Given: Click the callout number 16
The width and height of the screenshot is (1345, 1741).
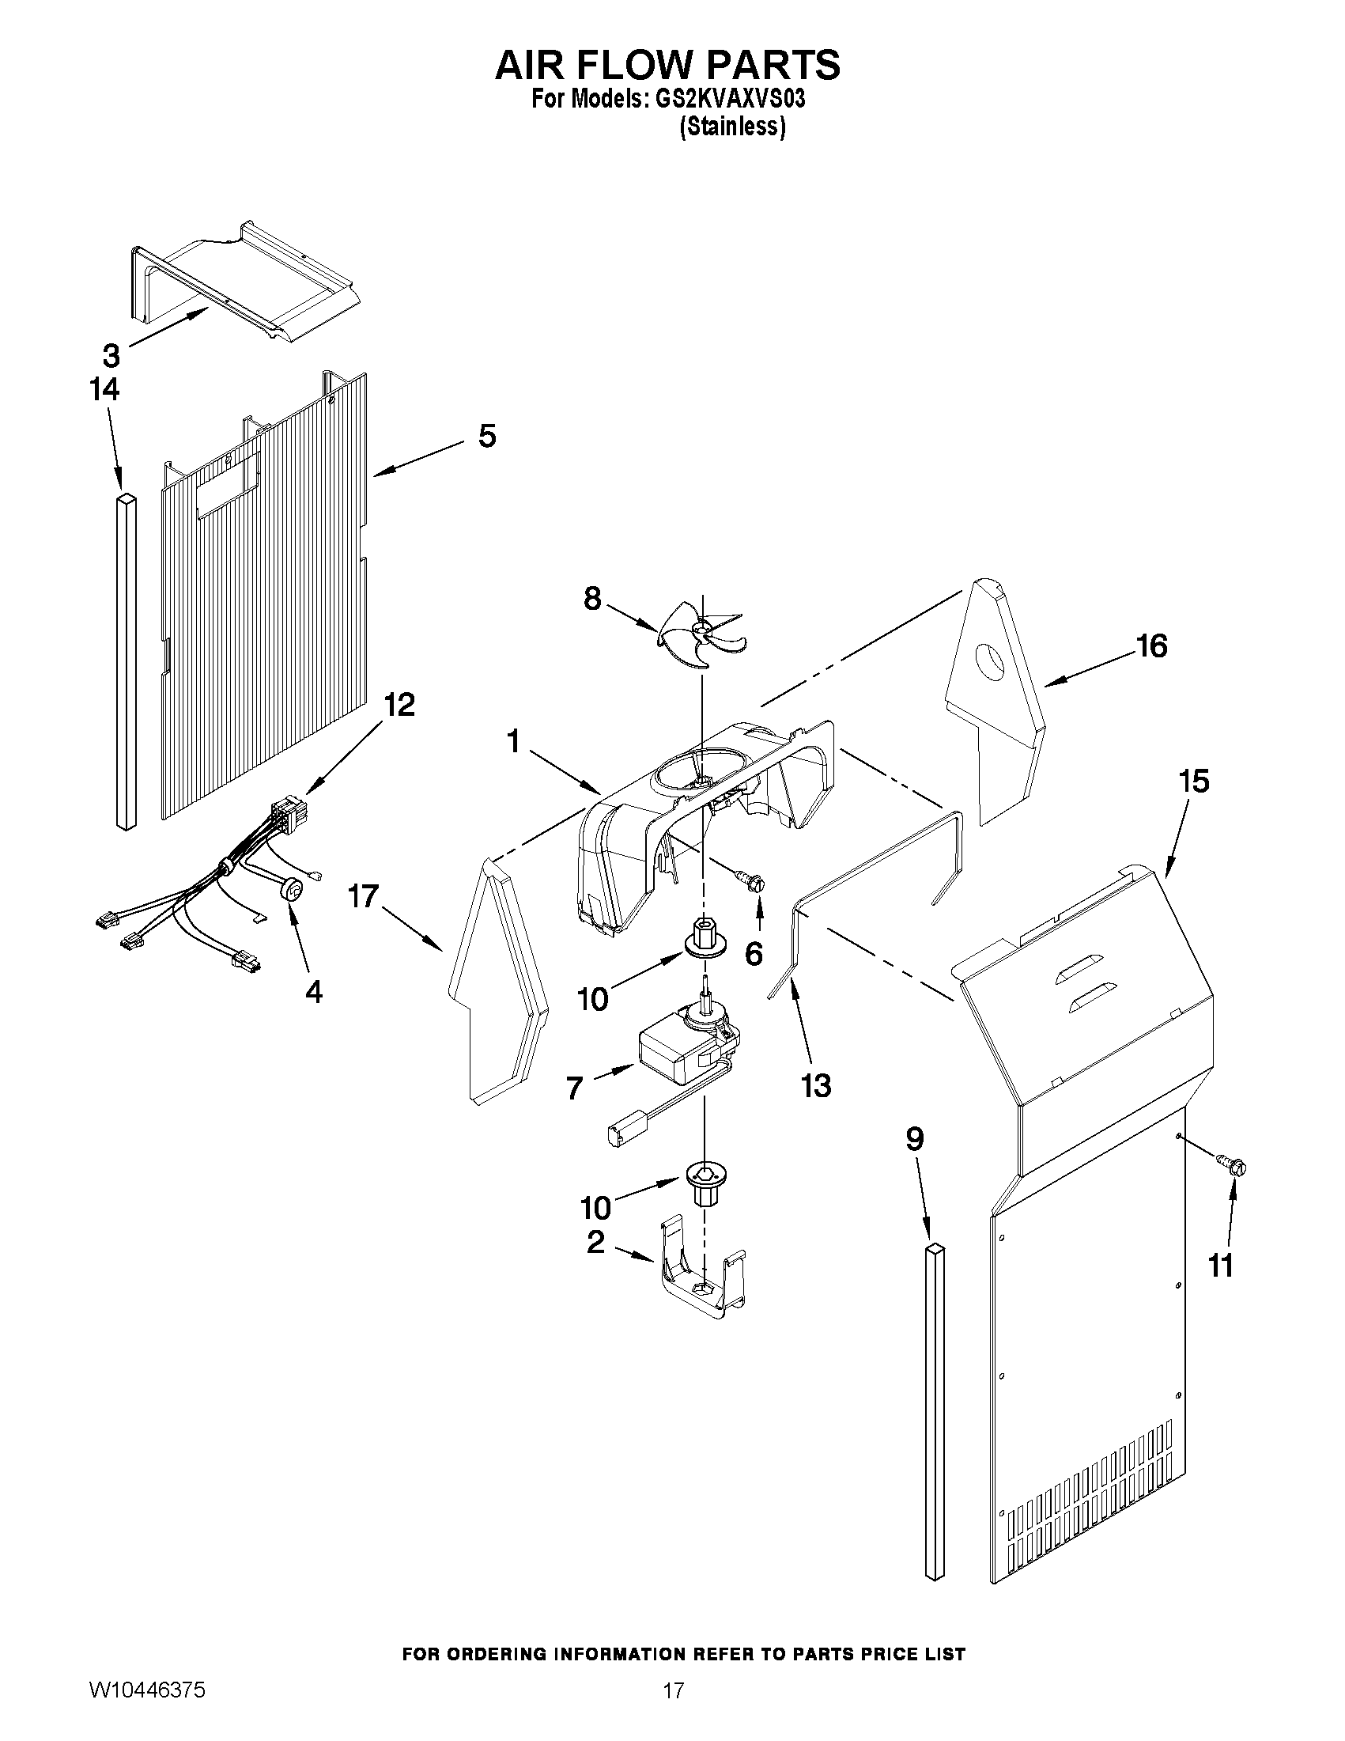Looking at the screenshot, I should [1150, 645].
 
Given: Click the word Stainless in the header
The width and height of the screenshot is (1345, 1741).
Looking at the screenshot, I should [732, 127].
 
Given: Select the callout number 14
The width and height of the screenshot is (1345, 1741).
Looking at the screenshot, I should [104, 390].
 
